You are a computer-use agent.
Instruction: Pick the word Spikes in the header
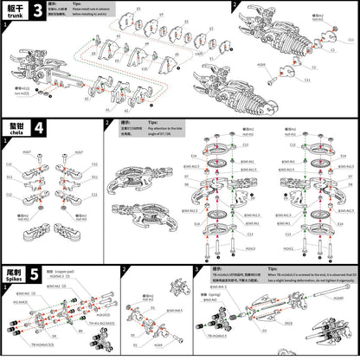(x=12, y=280)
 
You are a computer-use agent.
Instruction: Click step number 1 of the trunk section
(x=4, y=26)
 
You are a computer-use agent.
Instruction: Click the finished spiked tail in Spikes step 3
(x=332, y=333)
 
